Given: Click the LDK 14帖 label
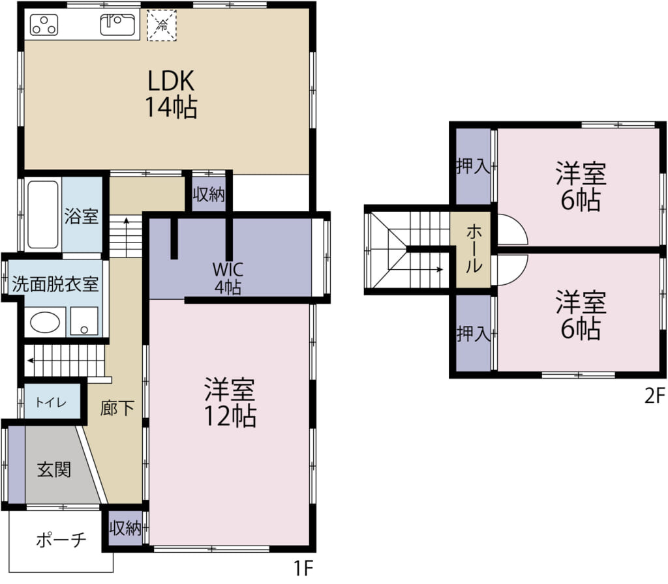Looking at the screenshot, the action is [171, 94].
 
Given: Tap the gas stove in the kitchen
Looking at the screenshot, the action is [44, 25].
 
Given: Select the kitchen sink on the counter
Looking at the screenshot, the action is [117, 25].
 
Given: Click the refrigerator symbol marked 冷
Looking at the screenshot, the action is [162, 25].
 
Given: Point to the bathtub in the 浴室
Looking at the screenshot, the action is [43, 214].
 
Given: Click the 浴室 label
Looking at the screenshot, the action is [82, 216].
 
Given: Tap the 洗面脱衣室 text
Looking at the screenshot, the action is [55, 284].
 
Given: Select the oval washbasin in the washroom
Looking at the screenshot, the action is [45, 322].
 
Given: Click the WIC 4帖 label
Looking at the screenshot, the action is [228, 278].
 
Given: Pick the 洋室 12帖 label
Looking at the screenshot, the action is [230, 402].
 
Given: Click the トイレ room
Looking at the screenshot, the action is [52, 401].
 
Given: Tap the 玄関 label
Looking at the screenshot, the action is [54, 470].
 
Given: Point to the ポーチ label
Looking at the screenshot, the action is [61, 540].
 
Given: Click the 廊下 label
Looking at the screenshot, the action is [117, 408].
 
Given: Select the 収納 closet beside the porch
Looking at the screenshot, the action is [125, 528].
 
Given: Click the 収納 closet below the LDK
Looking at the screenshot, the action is [208, 194].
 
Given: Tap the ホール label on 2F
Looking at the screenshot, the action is [474, 250].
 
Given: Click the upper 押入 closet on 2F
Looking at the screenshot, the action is [474, 166].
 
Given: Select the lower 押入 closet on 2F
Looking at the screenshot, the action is [474, 333].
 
